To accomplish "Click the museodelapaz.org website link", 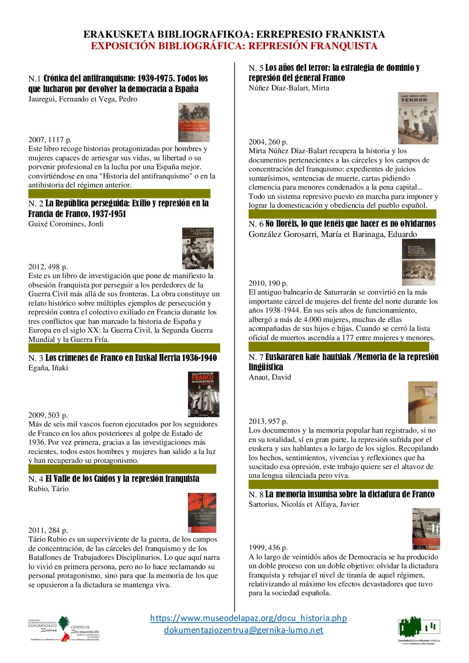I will (x=248, y=618).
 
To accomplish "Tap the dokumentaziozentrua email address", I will (x=243, y=630).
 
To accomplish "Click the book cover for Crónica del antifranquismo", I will (x=194, y=123).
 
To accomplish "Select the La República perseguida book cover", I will (x=198, y=248).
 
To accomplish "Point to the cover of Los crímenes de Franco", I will (x=203, y=394).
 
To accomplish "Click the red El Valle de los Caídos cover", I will (x=202, y=512).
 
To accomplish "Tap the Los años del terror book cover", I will (x=418, y=118).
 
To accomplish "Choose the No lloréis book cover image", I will (x=418, y=262).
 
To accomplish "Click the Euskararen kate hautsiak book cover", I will (x=422, y=403).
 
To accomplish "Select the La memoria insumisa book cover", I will (x=426, y=529).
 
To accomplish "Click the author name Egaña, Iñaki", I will (x=48, y=368).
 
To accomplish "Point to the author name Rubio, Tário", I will (x=48, y=489).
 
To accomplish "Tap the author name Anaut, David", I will (x=270, y=377).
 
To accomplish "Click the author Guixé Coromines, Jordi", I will (x=66, y=224).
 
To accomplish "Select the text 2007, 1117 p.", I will (x=50, y=140).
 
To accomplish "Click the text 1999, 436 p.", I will (x=268, y=548).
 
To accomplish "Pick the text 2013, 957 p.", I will (x=268, y=422).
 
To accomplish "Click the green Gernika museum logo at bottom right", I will (x=419, y=629).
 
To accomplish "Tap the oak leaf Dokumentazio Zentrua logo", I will (x=64, y=628).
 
